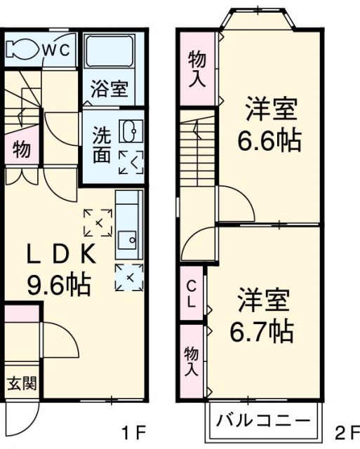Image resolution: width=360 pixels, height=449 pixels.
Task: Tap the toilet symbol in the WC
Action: click(20, 50)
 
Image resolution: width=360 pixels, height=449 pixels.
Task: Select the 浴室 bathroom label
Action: click(110, 89)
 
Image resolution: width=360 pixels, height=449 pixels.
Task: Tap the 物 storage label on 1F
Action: click(21, 149)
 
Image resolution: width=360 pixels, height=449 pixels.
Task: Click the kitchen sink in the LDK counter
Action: click(128, 241)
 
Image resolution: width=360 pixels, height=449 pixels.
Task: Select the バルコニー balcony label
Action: click(262, 422)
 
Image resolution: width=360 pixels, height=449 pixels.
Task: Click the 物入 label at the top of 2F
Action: click(197, 69)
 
